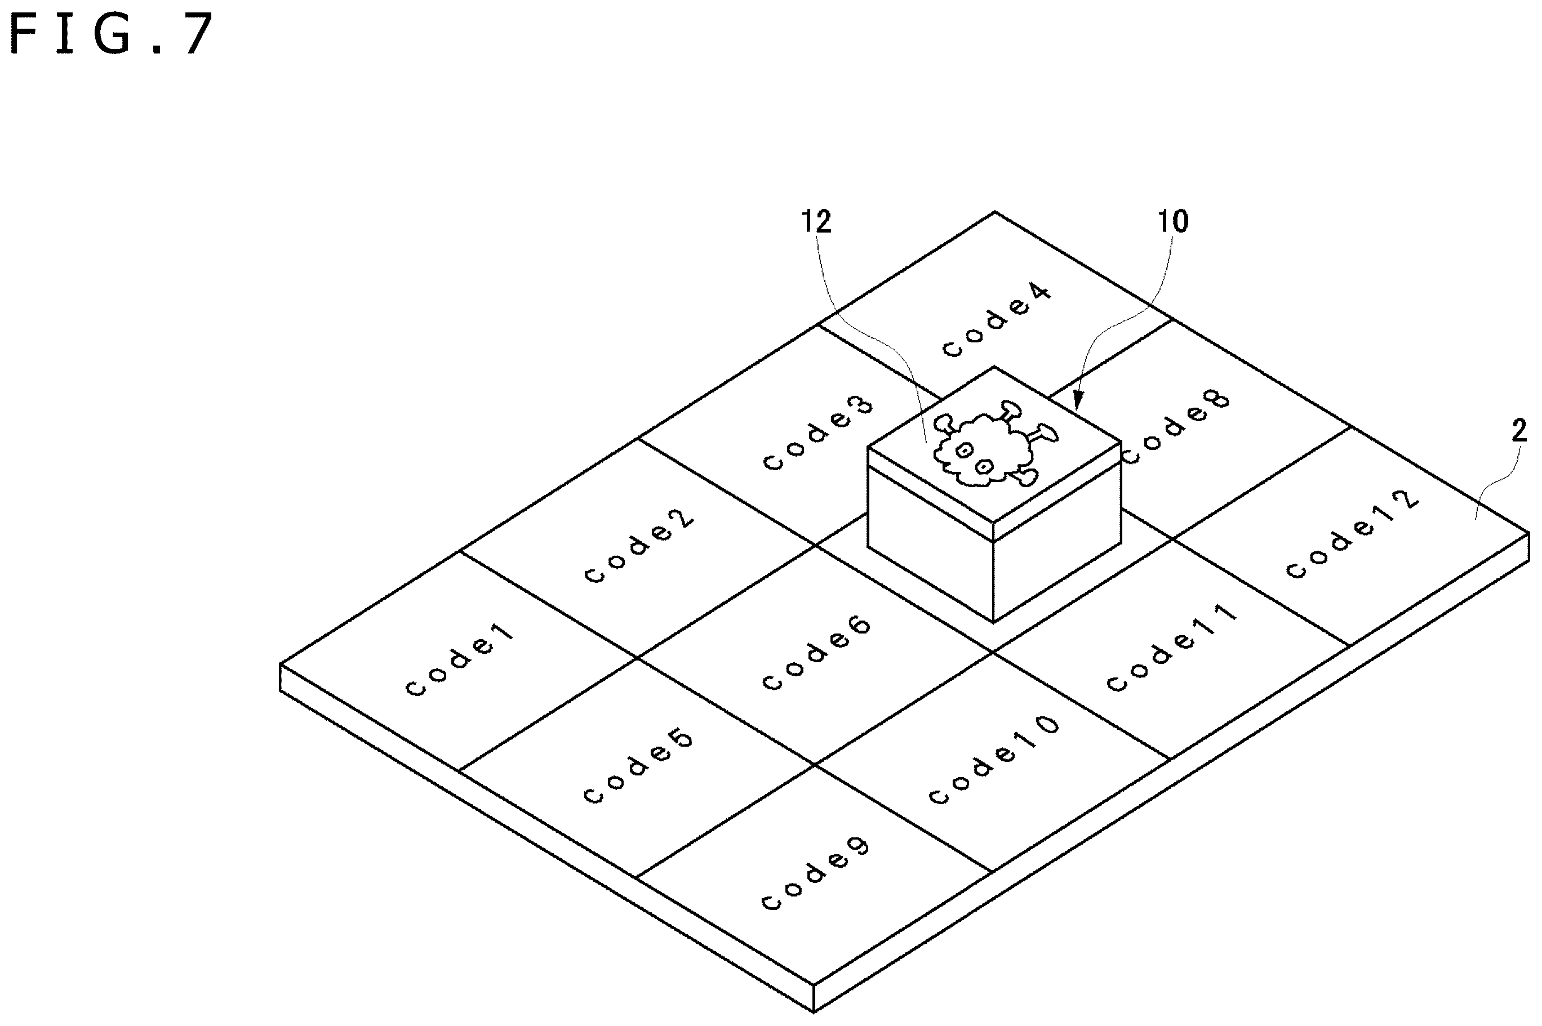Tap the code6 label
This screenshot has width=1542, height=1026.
coord(817,653)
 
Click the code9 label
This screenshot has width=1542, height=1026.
coord(816,873)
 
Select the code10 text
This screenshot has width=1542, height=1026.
coord(994,759)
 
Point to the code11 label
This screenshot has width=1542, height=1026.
coord(1171,647)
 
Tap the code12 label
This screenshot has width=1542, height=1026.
coord(1353,534)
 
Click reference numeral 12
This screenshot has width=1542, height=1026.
coord(817,222)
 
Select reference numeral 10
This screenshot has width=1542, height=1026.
coord(1174,222)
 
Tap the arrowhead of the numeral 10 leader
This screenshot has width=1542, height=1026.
coord(1077,401)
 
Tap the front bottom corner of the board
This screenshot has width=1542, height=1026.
coord(814,1011)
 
